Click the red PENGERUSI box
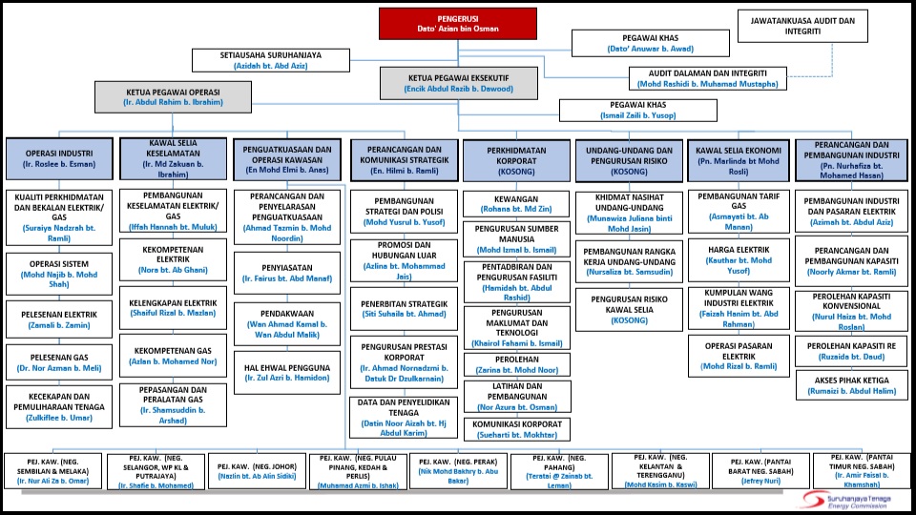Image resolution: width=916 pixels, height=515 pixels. (x=457, y=24)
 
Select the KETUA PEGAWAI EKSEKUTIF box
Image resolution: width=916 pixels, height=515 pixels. (x=459, y=83)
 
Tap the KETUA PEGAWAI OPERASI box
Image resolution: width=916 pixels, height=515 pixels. (x=173, y=97)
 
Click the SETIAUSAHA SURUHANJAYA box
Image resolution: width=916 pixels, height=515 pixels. (x=270, y=60)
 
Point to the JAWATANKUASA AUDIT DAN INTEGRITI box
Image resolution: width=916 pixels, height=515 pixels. (x=802, y=26)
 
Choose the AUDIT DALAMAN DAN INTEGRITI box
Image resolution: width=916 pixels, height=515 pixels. (x=707, y=79)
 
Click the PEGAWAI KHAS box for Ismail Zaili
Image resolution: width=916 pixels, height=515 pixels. (x=638, y=111)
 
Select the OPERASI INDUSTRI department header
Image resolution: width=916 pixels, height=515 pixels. (x=59, y=159)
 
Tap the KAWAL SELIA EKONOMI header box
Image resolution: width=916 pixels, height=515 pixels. (x=739, y=160)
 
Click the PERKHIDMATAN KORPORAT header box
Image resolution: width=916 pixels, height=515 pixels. (x=516, y=160)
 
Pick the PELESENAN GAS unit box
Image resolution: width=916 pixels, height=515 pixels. (x=59, y=362)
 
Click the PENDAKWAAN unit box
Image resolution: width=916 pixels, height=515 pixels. (x=287, y=324)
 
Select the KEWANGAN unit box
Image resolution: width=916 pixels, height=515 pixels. (x=516, y=204)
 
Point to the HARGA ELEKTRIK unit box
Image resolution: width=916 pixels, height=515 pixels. (x=739, y=259)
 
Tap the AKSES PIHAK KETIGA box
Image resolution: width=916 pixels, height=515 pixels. (x=851, y=385)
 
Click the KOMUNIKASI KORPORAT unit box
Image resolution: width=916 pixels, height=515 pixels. (x=517, y=429)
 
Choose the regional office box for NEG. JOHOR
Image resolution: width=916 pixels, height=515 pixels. (x=257, y=471)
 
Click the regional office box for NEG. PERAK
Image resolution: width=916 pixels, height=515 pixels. (x=458, y=471)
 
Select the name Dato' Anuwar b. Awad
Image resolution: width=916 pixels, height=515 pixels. (x=650, y=49)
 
